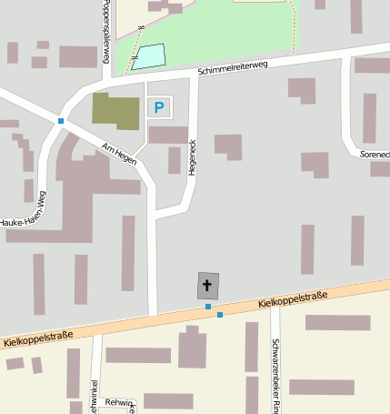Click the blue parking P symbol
(x=159, y=108)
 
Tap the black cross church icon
(x=208, y=287)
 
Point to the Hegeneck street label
(x=192, y=157)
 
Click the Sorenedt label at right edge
(x=375, y=156)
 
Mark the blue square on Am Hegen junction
(x=61, y=121)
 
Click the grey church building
(x=208, y=287)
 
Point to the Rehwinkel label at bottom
(x=119, y=401)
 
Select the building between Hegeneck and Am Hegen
(x=174, y=160)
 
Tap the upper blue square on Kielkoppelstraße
(x=208, y=307)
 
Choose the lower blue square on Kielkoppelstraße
(x=219, y=315)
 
